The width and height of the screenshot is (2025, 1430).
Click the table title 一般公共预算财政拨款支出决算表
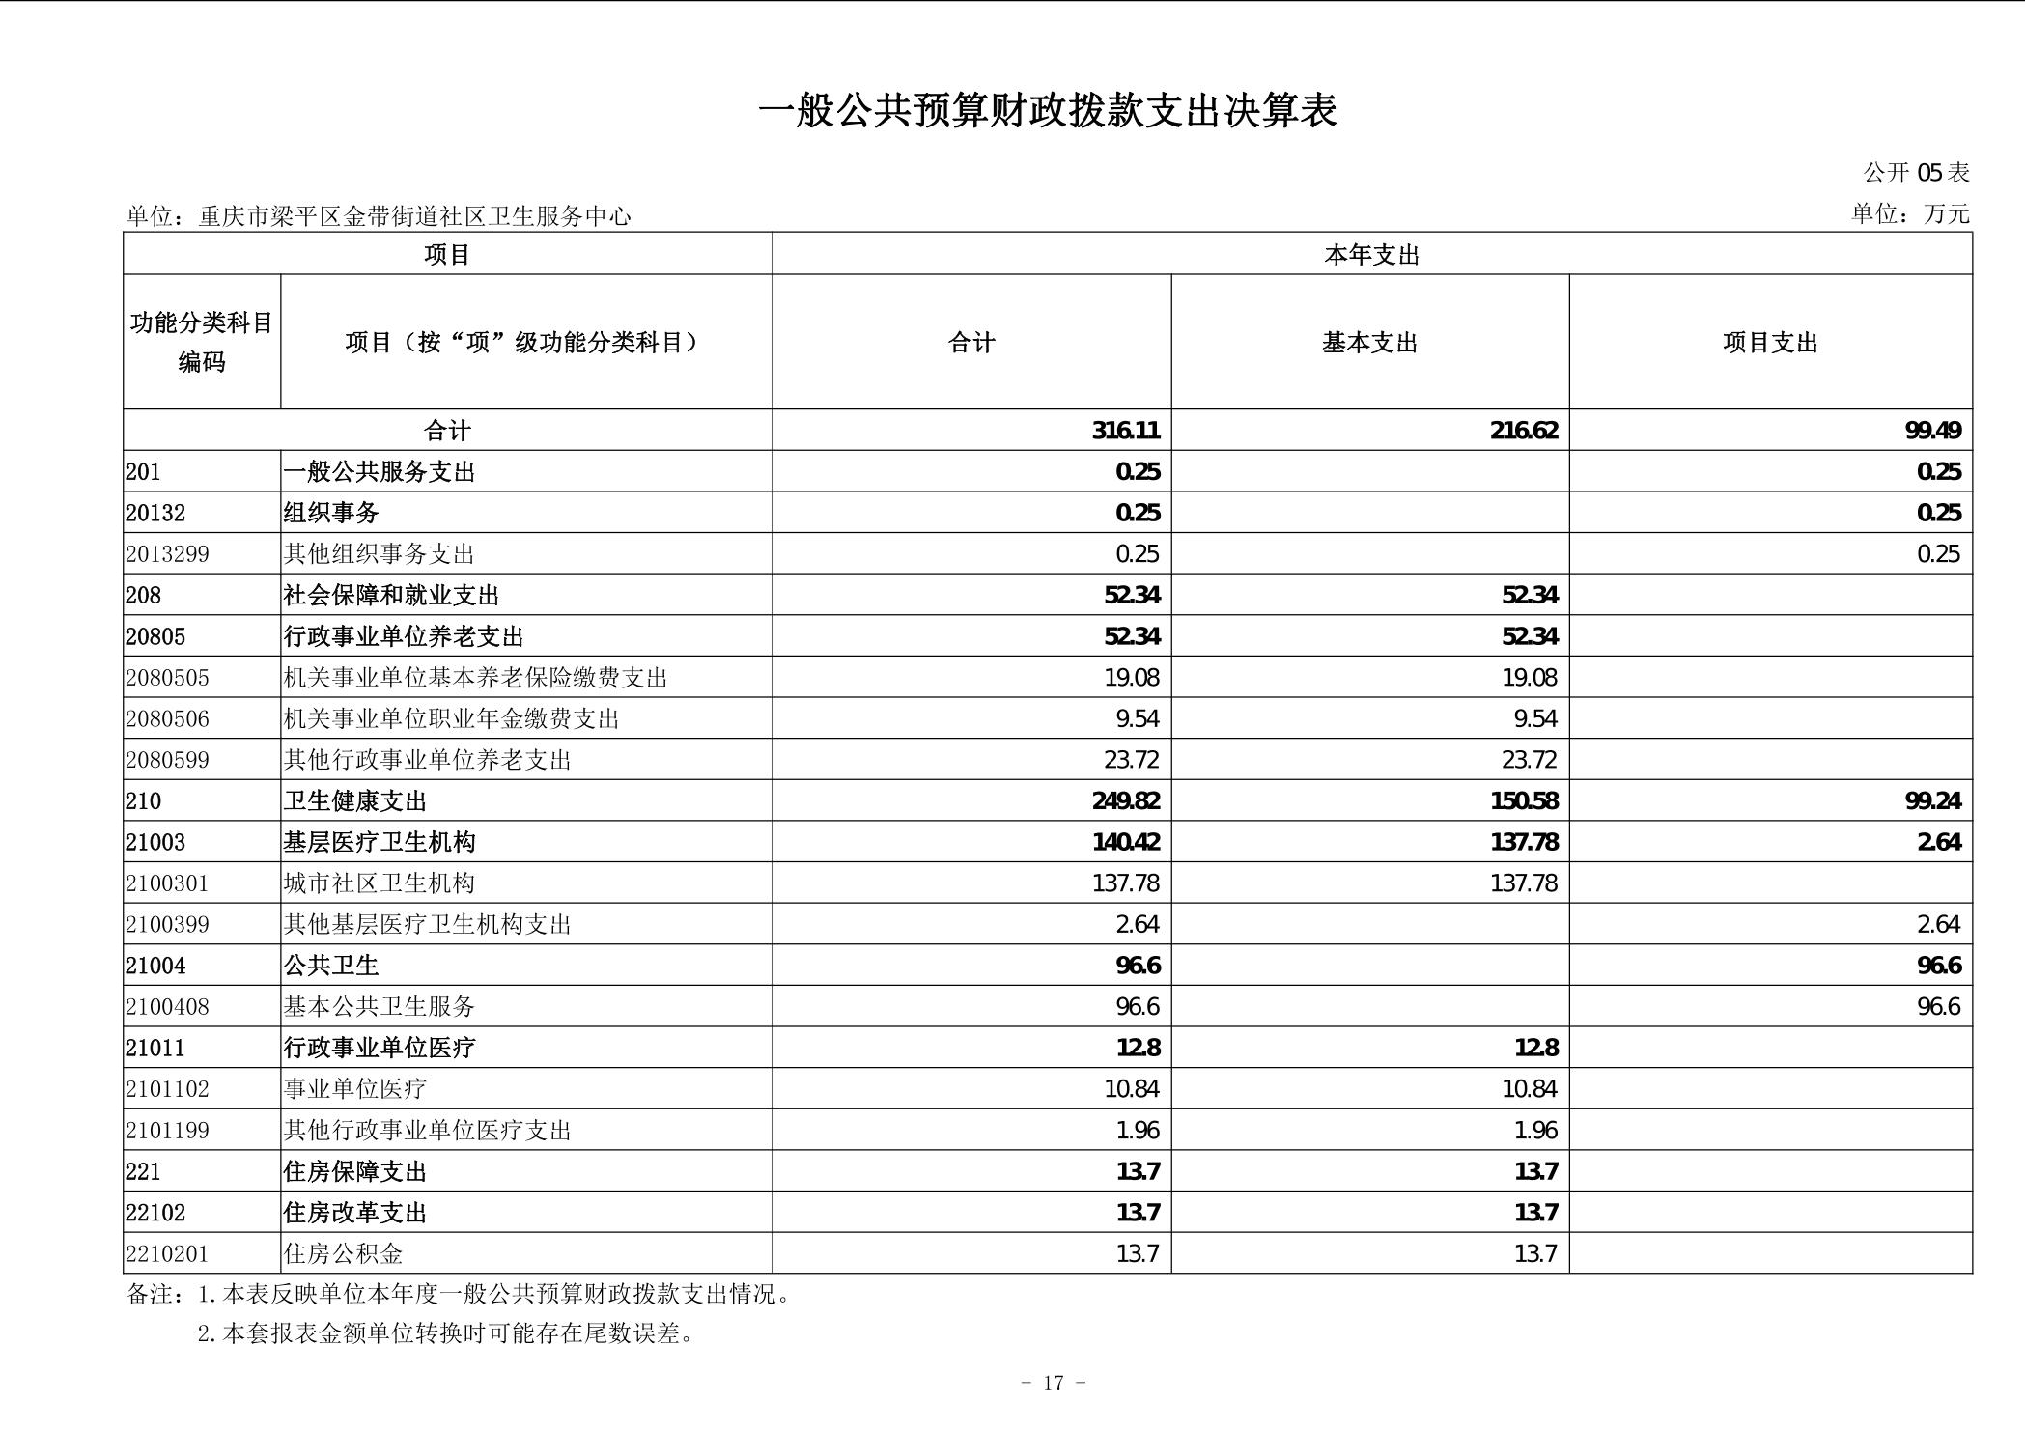[1048, 111]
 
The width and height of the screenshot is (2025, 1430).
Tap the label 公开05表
[1916, 173]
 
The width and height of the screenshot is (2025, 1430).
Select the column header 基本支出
[1369, 343]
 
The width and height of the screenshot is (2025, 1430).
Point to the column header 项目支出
[1770, 343]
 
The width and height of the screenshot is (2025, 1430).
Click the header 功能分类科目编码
[202, 342]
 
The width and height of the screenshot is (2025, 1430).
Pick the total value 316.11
[1126, 431]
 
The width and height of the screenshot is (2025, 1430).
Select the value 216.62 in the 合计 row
[1524, 431]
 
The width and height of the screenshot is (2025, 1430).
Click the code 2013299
[167, 554]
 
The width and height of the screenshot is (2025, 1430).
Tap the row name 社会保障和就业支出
[391, 596]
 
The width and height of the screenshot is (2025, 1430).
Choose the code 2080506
[167, 719]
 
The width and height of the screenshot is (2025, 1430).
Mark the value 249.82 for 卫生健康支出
[1126, 801]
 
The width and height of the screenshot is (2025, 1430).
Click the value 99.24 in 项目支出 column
[1932, 801]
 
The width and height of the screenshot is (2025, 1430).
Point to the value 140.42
[1126, 843]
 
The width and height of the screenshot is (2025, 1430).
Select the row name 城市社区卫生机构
[379, 883]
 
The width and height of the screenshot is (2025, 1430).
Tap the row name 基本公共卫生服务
[379, 1007]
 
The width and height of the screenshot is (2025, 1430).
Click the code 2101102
[167, 1089]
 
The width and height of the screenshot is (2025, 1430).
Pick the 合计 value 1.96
[1138, 1131]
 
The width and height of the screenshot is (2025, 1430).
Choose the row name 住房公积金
[343, 1254]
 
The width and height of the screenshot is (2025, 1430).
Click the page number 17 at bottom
[1053, 1384]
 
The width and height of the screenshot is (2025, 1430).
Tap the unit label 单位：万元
[1909, 214]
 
